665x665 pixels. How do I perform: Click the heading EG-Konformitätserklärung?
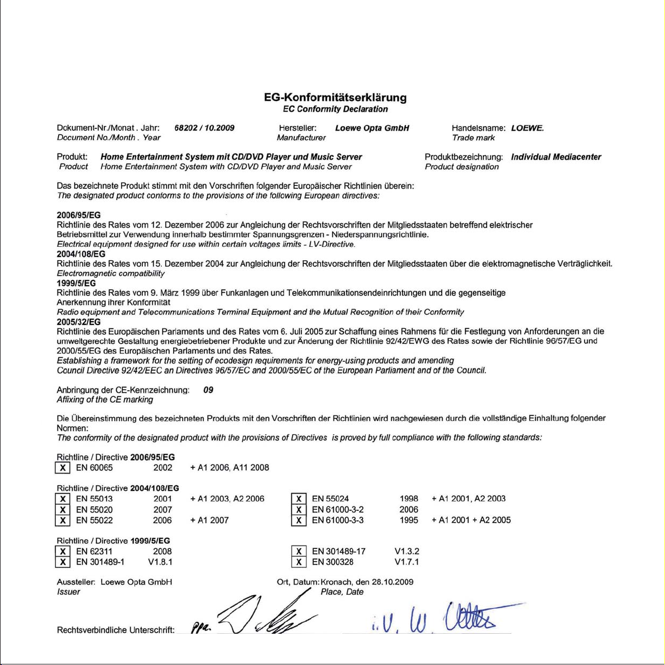click(335, 98)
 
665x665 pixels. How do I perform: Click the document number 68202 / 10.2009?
click(204, 128)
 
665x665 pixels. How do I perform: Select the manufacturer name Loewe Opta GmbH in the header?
click(372, 128)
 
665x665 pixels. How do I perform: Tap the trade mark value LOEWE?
click(527, 128)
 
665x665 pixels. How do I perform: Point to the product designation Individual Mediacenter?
click(556, 157)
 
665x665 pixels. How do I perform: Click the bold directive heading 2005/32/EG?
click(79, 322)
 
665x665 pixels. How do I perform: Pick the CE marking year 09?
click(208, 390)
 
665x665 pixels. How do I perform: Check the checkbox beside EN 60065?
click(63, 467)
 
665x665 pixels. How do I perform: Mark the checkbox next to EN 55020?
click(63, 509)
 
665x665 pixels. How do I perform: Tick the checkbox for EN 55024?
click(299, 499)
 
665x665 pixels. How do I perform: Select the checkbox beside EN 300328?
click(299, 562)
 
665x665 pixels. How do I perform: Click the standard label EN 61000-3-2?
click(337, 509)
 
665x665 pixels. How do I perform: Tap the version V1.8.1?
click(160, 562)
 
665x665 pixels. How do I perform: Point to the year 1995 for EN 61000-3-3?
click(409, 520)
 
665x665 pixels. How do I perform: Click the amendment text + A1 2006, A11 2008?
click(229, 467)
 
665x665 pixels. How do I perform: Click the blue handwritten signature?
click(441, 619)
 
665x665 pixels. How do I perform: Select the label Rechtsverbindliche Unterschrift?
click(116, 630)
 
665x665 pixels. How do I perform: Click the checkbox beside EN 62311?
click(63, 551)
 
